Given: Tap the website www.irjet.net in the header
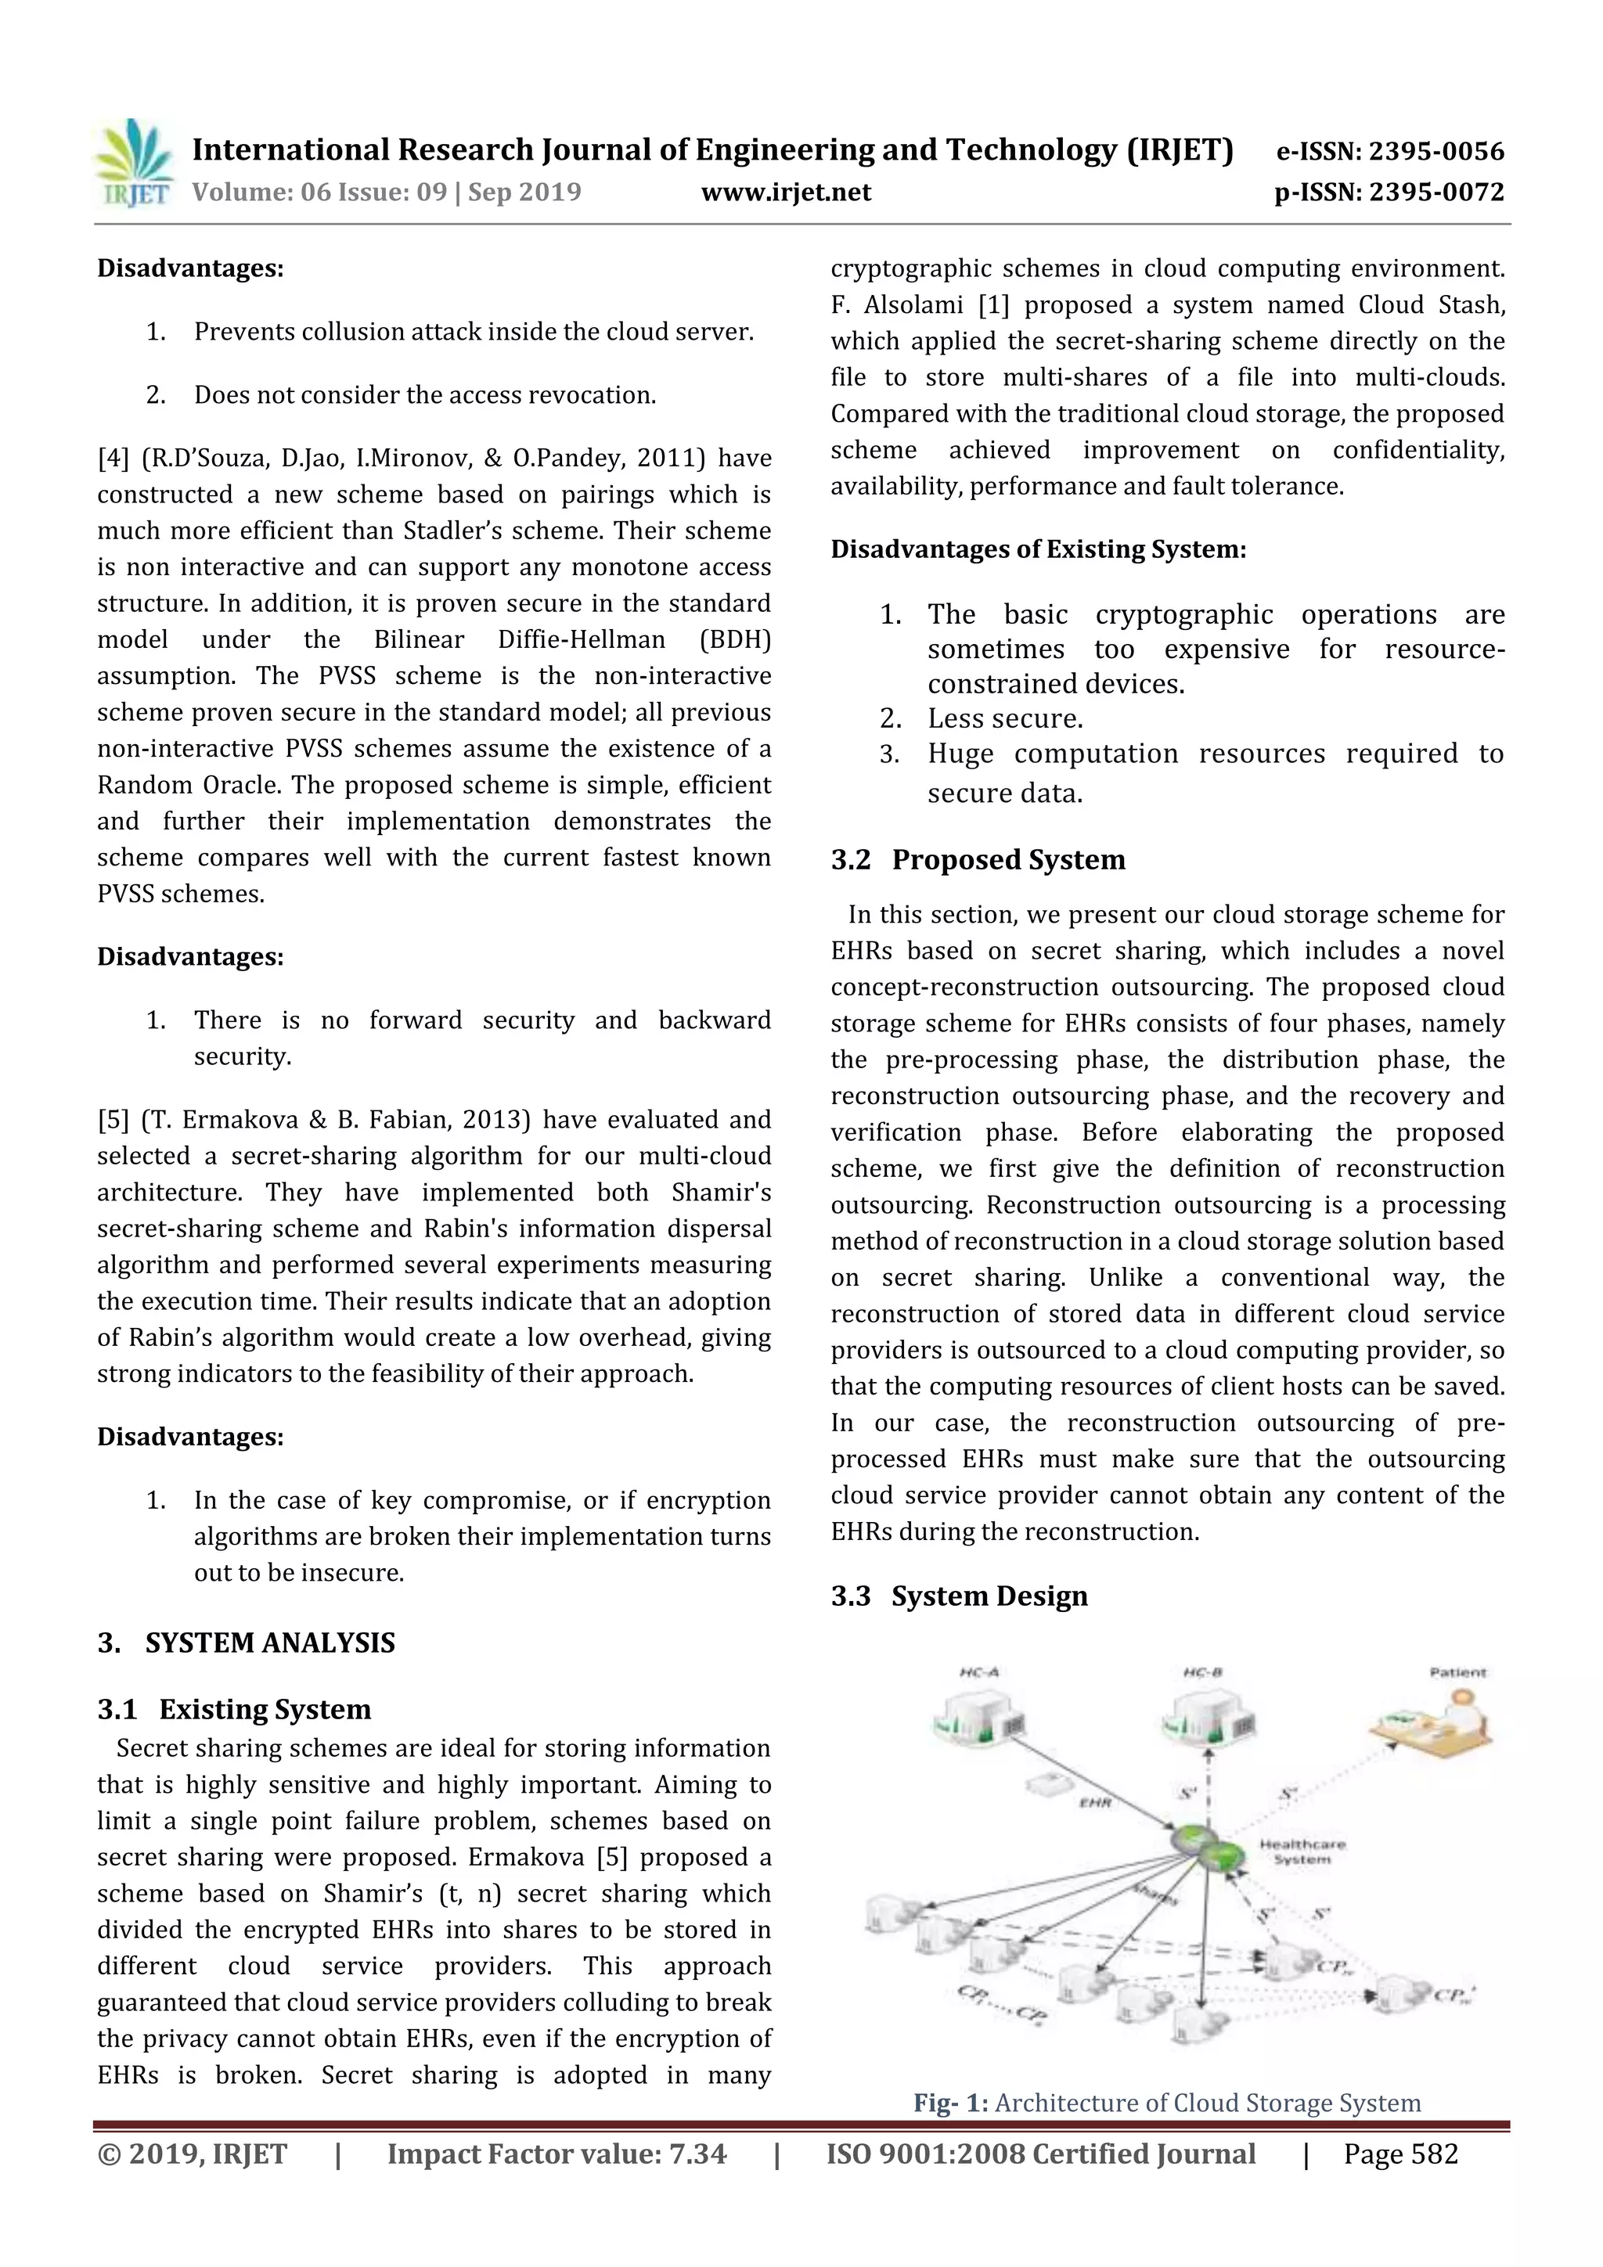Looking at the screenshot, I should coord(786,193).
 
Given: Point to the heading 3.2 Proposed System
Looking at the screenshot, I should coord(978,860).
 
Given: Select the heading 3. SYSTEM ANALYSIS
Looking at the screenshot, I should coord(246,1643).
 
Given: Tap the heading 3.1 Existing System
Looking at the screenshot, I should coord(234,1709).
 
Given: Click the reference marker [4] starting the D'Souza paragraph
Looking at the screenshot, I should coord(113,458).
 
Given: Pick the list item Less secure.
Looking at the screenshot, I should coord(1004,719).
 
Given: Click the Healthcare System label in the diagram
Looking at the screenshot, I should coord(1302,1851).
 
